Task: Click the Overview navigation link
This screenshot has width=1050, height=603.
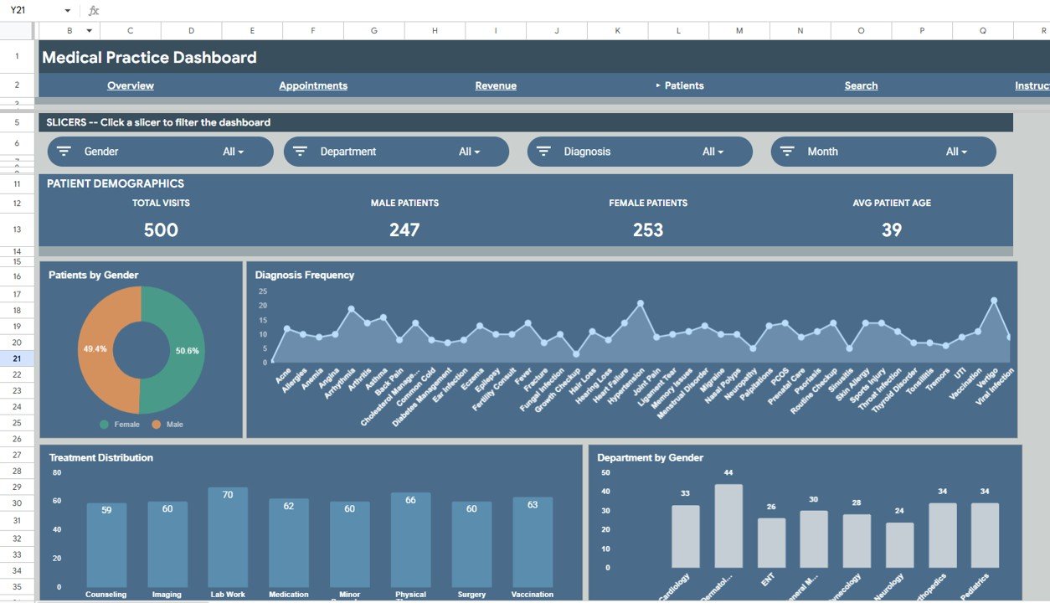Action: coord(131,85)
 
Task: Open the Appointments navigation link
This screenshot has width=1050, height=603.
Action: coord(313,85)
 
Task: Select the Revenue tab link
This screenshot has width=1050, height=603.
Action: coord(496,85)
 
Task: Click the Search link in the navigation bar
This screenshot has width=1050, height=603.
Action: coord(861,85)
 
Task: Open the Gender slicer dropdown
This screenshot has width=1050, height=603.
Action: coord(160,152)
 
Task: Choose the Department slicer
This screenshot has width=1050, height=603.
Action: coord(396,152)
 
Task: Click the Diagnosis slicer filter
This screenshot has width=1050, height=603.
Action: coord(640,152)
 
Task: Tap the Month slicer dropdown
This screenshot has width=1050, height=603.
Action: coord(883,152)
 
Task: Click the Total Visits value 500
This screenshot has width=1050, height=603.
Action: coord(161,229)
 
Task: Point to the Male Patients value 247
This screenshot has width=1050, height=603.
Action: coord(404,229)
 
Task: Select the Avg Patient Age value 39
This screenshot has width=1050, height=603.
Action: coord(892,229)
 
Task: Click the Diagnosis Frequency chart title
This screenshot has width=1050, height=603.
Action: coord(305,275)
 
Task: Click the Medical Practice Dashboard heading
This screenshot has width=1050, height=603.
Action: coord(149,58)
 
